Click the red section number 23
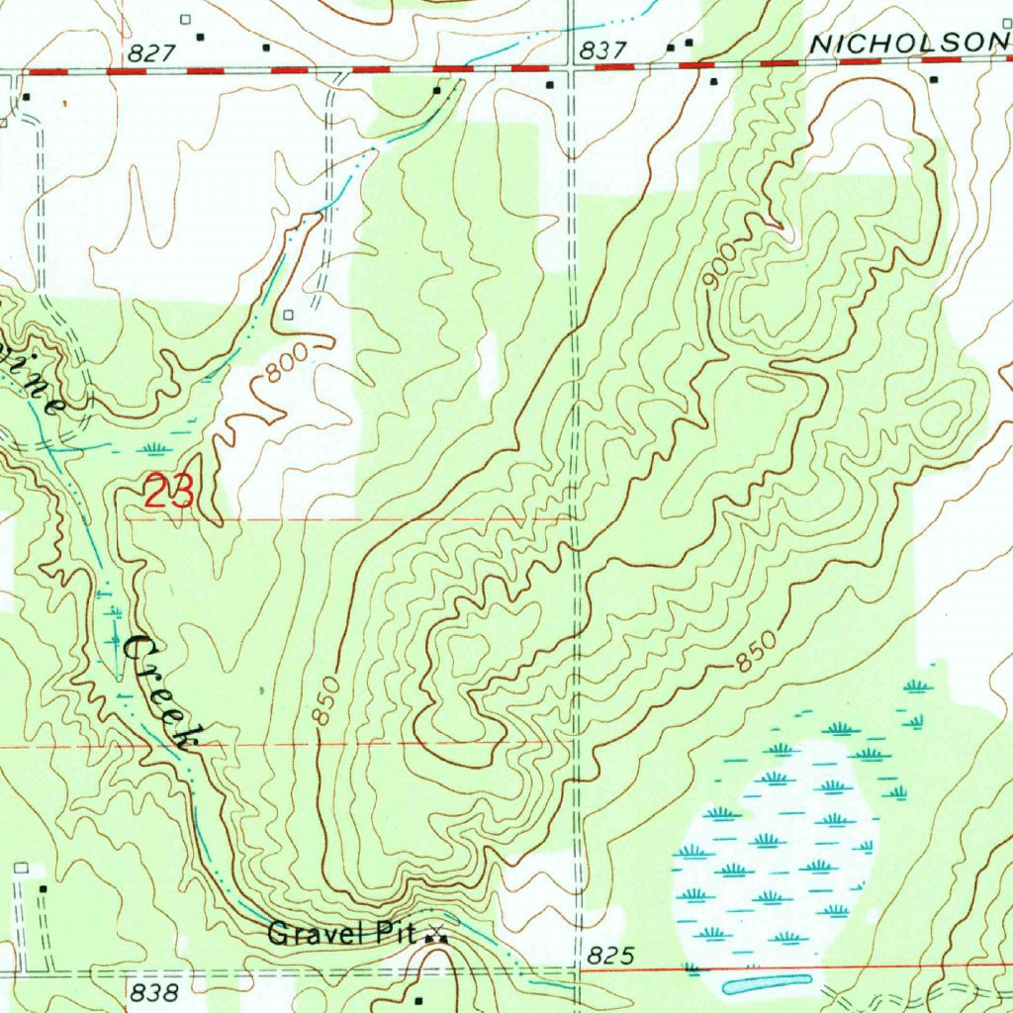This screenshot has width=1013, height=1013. [169, 492]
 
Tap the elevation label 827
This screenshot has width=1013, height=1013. [151, 54]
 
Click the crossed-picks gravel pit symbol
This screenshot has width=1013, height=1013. [435, 933]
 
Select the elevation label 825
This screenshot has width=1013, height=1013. [608, 956]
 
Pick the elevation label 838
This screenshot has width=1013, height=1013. [154, 991]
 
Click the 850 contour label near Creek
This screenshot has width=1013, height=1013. [329, 701]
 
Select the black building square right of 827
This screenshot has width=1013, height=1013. [201, 38]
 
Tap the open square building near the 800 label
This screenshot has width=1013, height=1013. [288, 315]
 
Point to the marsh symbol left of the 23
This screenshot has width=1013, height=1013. [152, 449]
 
